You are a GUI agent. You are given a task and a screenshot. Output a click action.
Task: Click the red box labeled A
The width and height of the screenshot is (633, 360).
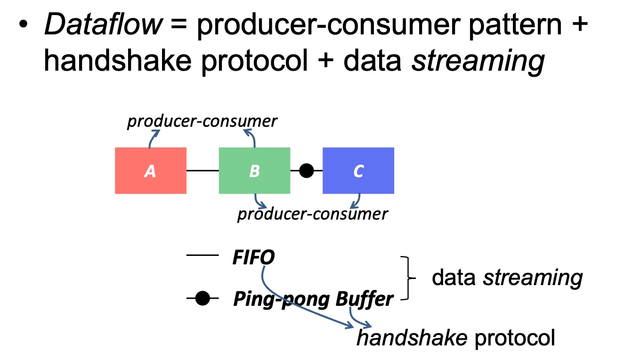pyautogui.click(x=150, y=171)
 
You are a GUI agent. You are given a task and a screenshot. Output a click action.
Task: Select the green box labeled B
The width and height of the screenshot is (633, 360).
pyautogui.click(x=254, y=171)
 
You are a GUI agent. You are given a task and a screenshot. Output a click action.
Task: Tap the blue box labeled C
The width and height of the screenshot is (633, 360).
pyautogui.click(x=358, y=171)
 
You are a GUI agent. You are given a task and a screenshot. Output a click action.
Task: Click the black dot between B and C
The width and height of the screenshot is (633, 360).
pyautogui.click(x=306, y=171)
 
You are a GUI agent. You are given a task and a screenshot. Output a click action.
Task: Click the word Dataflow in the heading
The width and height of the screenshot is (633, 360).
pyautogui.click(x=103, y=25)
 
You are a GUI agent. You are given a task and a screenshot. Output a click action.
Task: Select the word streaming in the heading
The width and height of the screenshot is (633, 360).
pyautogui.click(x=478, y=60)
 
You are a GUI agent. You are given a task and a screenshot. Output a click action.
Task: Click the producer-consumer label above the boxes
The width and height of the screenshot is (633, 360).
pyautogui.click(x=203, y=121)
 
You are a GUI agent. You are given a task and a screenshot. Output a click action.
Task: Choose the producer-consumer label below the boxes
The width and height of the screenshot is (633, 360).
pyautogui.click(x=313, y=214)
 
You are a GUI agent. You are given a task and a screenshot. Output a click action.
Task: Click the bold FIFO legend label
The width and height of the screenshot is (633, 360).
pyautogui.click(x=253, y=257)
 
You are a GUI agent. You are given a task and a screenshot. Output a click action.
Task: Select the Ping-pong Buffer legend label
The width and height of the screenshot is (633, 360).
pyautogui.click(x=313, y=299)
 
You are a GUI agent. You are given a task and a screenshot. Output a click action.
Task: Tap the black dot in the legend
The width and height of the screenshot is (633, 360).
pyautogui.click(x=203, y=298)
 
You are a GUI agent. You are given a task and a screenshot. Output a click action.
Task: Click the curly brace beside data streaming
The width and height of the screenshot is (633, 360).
pyautogui.click(x=408, y=278)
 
